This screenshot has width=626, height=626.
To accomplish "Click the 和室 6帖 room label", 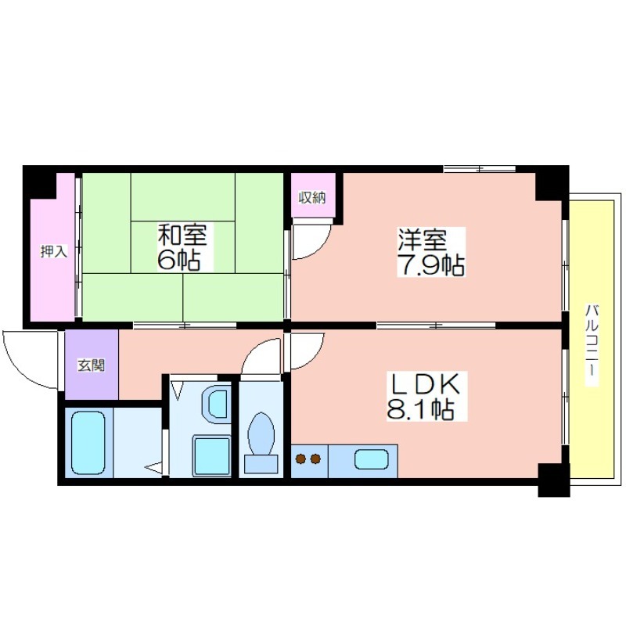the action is pyautogui.click(x=182, y=247).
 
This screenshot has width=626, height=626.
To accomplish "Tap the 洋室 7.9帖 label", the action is pyautogui.click(x=430, y=252).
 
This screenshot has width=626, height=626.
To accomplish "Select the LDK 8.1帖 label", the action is pyautogui.click(x=426, y=396).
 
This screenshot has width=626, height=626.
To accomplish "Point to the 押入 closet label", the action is pyautogui.click(x=53, y=251).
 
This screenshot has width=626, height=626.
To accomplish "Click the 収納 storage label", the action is pyautogui.click(x=312, y=198).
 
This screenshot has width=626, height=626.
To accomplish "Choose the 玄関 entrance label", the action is pyautogui.click(x=92, y=365).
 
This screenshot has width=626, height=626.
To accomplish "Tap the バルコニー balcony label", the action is pyautogui.click(x=592, y=344).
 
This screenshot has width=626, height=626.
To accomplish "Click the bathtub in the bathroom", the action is pyautogui.click(x=88, y=443).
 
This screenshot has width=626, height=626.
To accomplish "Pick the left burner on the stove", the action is pyautogui.click(x=300, y=459).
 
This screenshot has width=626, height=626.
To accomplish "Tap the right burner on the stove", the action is pyautogui.click(x=315, y=459).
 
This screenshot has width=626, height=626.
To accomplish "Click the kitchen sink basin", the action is pyautogui.click(x=371, y=459).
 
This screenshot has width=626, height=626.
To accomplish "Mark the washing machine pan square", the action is pyautogui.click(x=211, y=455).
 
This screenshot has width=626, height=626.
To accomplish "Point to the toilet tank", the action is pyautogui.click(x=261, y=464).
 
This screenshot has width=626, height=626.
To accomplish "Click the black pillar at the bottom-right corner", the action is pyautogui.click(x=554, y=480).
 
